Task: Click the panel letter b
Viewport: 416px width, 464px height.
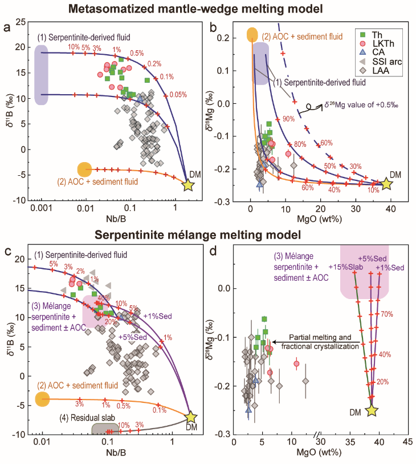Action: [x=215, y=26]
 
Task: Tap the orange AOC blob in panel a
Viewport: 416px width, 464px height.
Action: [x=84, y=168]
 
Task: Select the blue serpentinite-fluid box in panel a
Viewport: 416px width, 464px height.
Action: [x=41, y=75]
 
